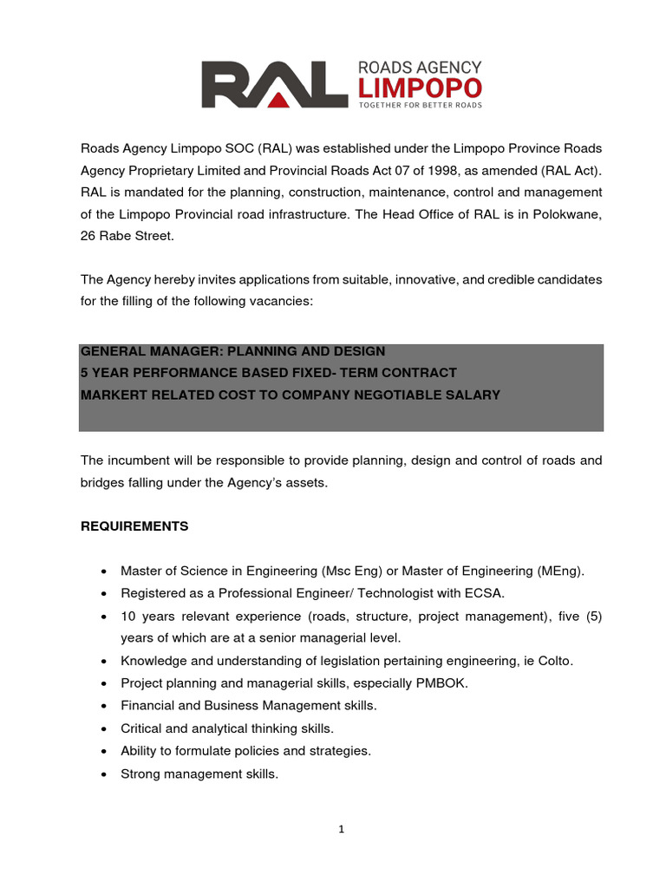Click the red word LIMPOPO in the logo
tap(420, 88)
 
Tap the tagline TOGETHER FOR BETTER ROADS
tap(420, 106)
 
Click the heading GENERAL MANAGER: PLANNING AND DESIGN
tap(232, 351)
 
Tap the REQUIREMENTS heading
tap(134, 526)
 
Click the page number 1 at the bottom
tap(342, 829)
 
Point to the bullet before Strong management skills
tap(104, 774)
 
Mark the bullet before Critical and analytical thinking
tap(104, 729)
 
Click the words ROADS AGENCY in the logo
tap(420, 67)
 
